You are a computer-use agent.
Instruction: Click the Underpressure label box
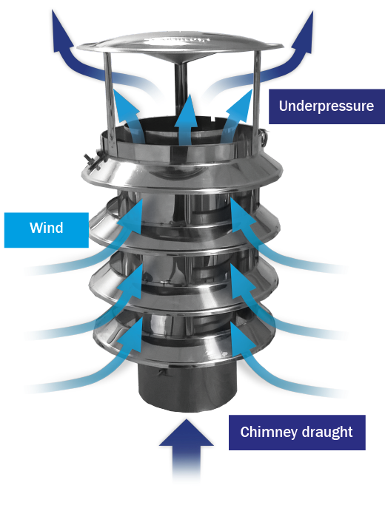327,106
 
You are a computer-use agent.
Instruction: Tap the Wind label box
47,230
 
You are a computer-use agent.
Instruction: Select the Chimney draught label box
297,433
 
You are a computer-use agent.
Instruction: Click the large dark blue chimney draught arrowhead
187,433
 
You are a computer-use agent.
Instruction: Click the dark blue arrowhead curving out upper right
303,32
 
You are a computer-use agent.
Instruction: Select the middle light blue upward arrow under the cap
187,120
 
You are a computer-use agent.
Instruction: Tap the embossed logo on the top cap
177,40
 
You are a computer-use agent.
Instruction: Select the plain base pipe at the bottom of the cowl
187,387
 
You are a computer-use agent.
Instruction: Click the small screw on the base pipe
164,373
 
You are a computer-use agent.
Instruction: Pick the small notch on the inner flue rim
214,118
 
